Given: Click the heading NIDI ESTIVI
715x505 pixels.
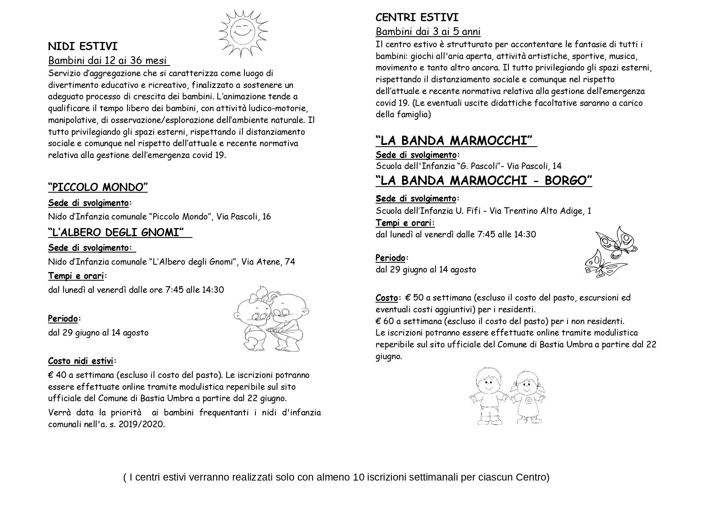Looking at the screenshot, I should coord(83,46).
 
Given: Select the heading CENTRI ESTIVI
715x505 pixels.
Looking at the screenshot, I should coord(411,18).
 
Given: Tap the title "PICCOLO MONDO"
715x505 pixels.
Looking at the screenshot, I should coord(98,187).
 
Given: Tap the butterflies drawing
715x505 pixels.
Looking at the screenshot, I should coord(609,252).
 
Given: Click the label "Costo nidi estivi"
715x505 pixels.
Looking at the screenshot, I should coord(81,361).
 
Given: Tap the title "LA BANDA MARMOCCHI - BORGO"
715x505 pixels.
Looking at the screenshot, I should coord(484,180).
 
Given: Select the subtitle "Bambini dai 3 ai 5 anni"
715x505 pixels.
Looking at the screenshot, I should coord(428,32).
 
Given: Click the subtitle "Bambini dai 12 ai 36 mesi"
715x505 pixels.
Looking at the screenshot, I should coord(108,61).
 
